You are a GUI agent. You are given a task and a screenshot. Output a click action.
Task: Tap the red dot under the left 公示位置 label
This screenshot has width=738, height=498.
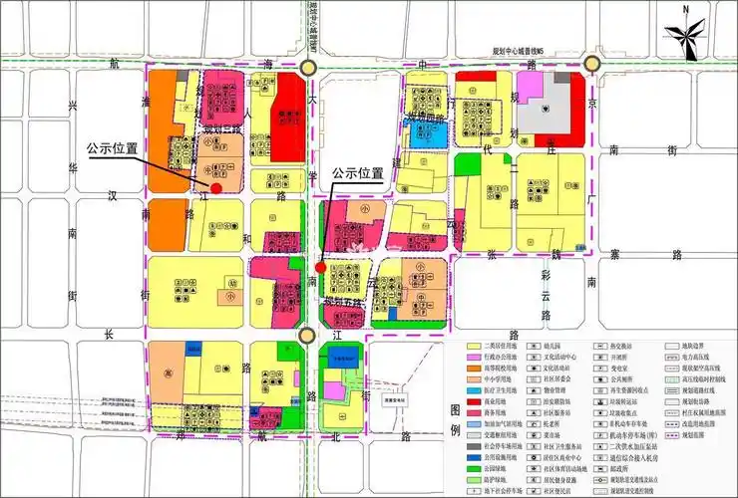pos(216,187)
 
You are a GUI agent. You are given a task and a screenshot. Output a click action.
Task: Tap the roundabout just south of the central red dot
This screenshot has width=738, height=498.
pos(308,337)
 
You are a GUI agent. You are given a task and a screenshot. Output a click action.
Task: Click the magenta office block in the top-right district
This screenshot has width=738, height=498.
pos(529,89)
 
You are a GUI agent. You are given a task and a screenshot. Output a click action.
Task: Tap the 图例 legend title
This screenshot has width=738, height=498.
pos(456,418)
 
